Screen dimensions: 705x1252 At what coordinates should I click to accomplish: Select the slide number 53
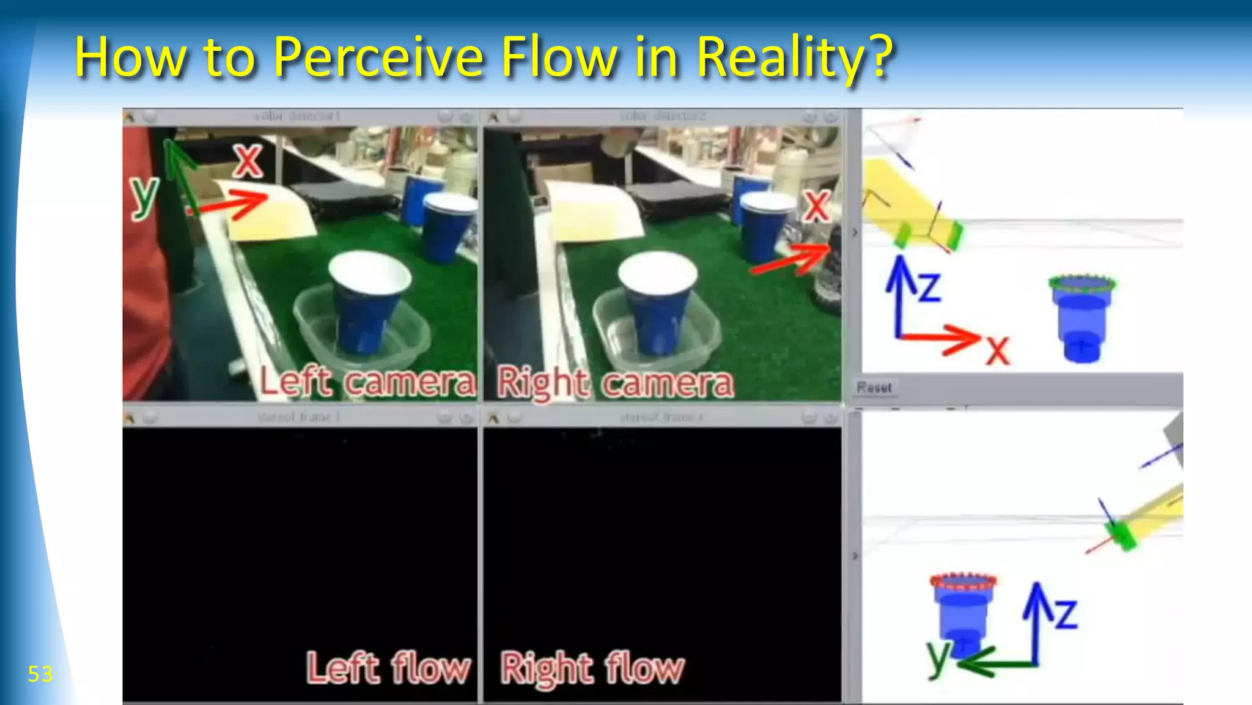point(40,674)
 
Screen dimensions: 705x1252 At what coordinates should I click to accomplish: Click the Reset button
point(874,388)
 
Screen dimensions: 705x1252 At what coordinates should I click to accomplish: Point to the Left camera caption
point(367,383)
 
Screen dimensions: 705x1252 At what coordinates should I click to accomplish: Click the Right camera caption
point(615,384)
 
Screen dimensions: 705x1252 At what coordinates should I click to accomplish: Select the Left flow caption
point(389,668)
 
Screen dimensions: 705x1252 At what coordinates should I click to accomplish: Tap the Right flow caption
point(592,668)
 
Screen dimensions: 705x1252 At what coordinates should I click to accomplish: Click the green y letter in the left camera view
point(144,197)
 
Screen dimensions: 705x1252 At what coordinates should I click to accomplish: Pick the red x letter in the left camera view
point(248,161)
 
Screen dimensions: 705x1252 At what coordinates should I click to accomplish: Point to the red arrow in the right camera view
point(792,259)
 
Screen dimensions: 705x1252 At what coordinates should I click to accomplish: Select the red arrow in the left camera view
point(232,204)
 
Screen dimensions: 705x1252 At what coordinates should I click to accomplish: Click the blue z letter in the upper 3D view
point(929,287)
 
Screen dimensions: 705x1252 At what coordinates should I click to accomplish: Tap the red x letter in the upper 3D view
point(998,351)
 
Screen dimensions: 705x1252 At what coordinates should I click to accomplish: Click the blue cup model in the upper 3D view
point(1081,318)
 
